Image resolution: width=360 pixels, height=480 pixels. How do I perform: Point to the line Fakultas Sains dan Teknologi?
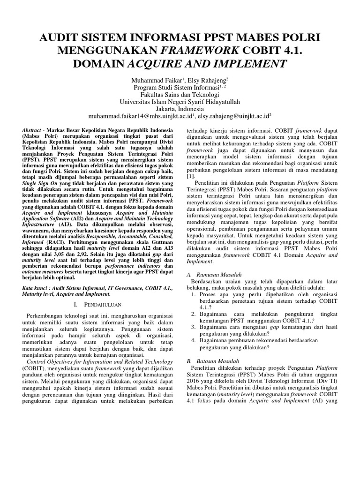click(180, 94)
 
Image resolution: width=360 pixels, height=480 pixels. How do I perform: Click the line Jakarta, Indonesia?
click(180, 107)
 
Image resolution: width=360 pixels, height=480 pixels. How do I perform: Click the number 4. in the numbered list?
click(195, 340)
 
